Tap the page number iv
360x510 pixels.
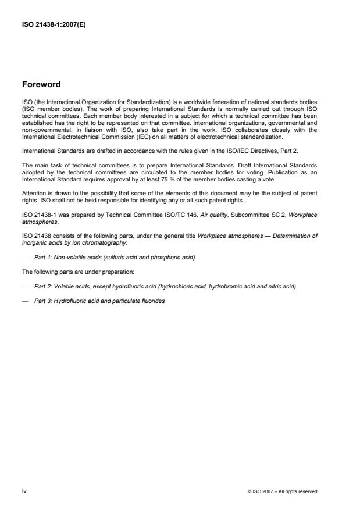pyautogui.click(x=25, y=491)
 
